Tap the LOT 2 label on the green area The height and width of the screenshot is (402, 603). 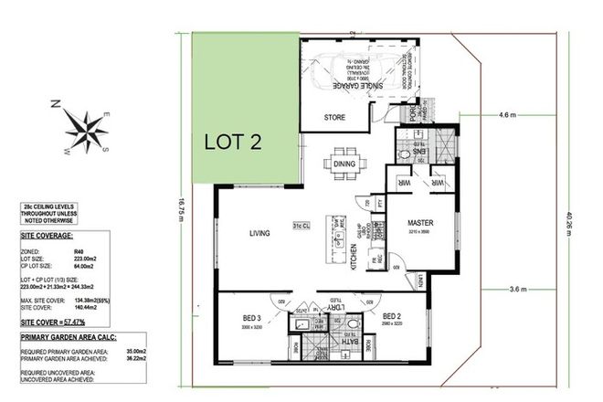(234, 141)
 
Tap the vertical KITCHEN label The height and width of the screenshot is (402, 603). (354, 259)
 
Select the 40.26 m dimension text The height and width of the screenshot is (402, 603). (568, 218)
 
